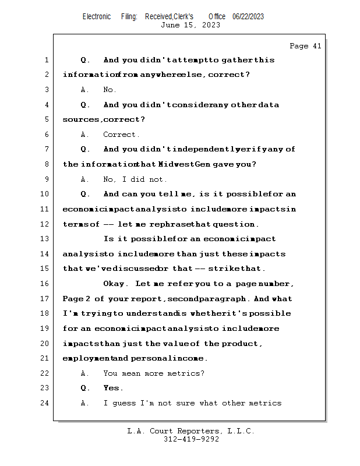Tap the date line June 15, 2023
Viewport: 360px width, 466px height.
point(190,25)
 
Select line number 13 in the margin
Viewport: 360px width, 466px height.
point(45,239)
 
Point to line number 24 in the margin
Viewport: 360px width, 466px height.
point(45,403)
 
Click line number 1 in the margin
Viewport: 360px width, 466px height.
point(46,60)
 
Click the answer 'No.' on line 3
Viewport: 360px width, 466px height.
point(110,90)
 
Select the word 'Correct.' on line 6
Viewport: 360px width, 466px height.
point(119,135)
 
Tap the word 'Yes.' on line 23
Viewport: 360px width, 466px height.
point(113,388)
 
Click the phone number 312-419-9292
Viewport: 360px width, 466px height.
point(190,439)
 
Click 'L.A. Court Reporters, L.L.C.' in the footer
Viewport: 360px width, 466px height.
point(190,431)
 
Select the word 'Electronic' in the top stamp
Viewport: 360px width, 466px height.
point(97,17)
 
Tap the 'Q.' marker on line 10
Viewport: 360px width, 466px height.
point(86,194)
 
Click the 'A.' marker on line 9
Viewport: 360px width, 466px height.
point(85,179)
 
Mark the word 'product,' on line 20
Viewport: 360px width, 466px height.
point(242,344)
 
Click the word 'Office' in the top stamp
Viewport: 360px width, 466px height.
point(217,17)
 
